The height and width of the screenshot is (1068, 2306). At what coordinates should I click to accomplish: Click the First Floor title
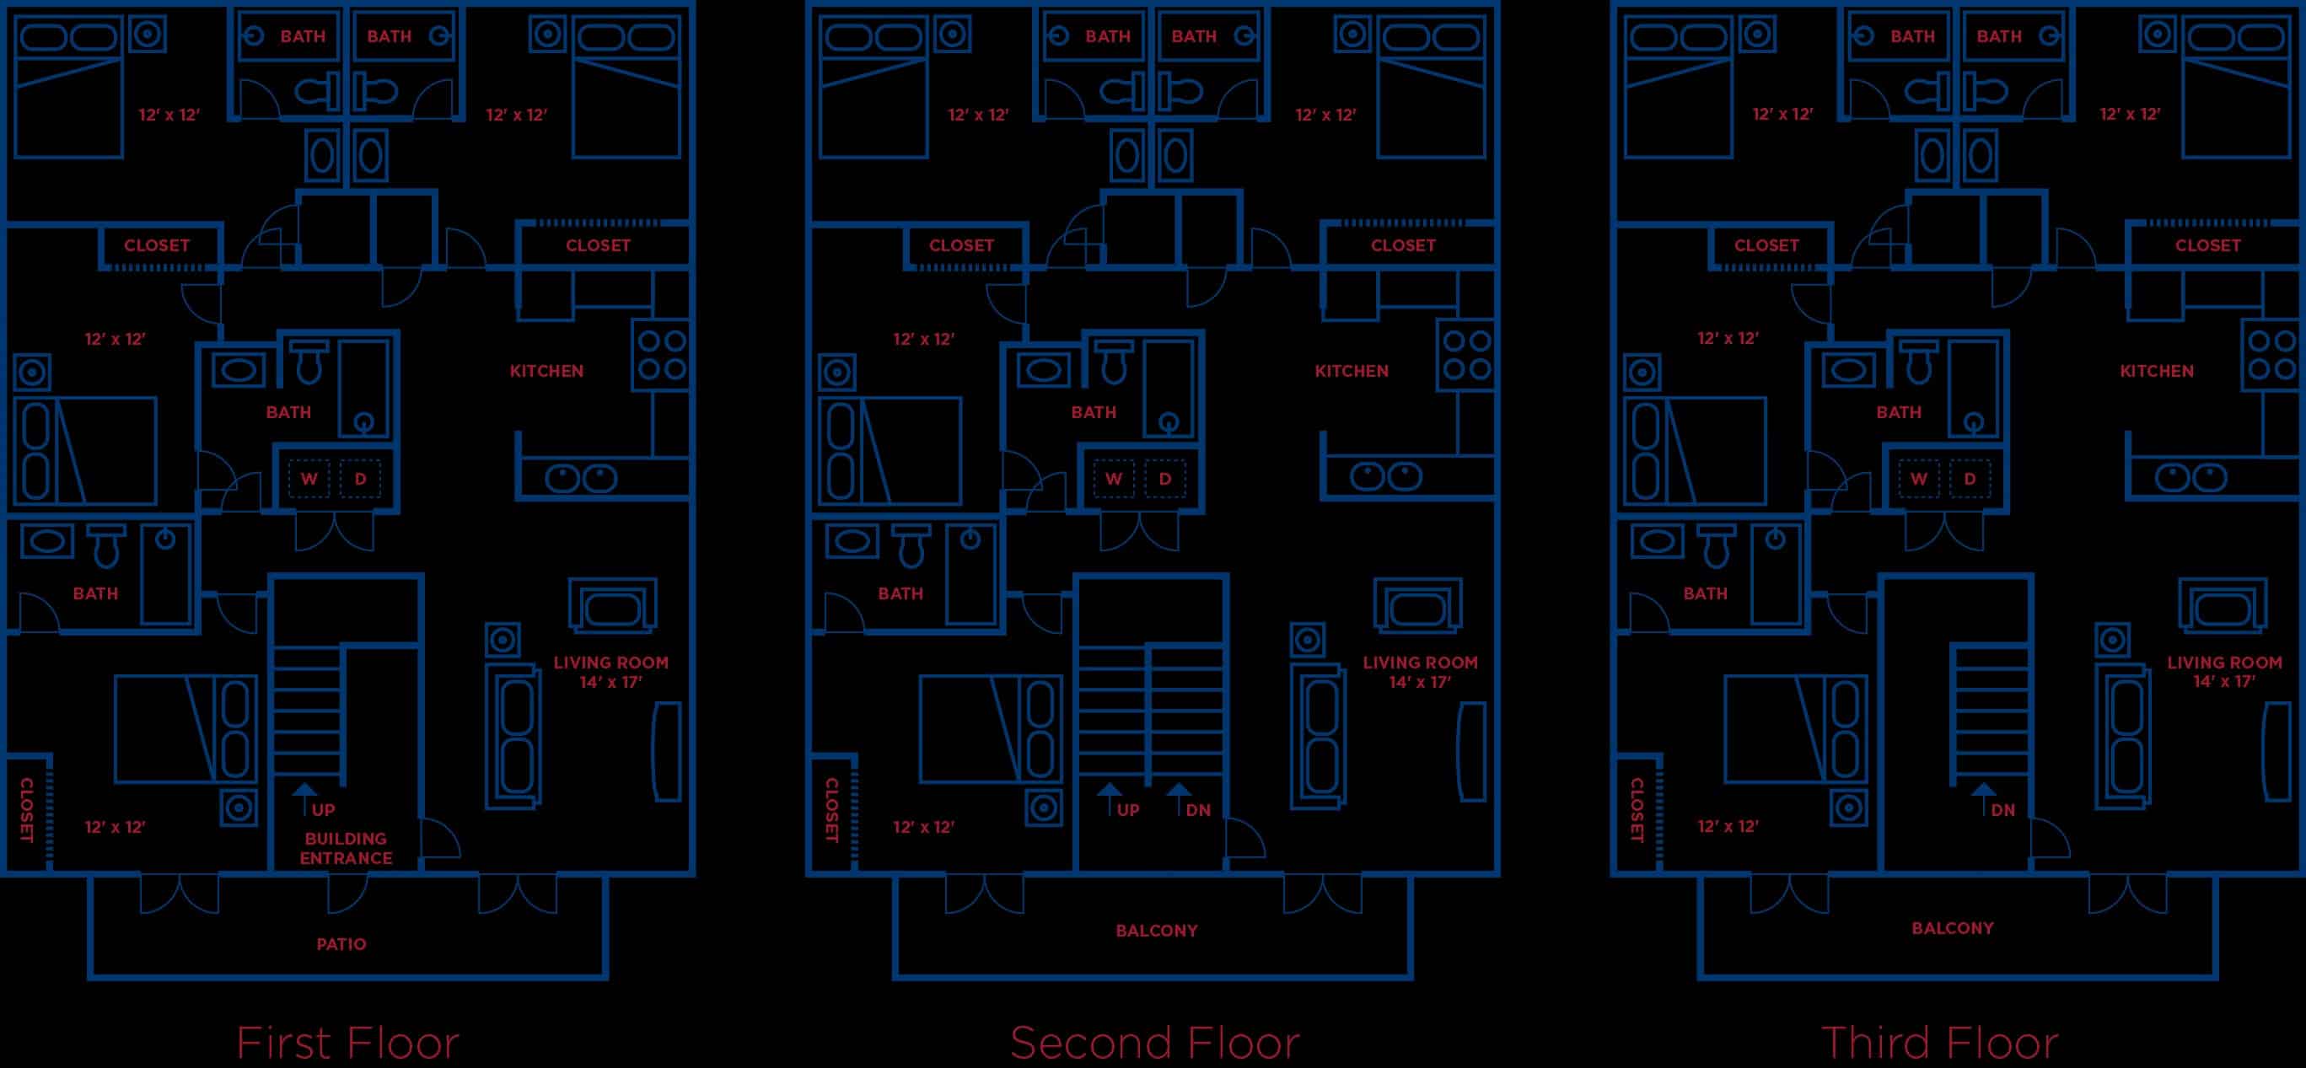click(347, 1043)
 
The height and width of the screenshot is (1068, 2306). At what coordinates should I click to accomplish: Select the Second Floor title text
click(1154, 1043)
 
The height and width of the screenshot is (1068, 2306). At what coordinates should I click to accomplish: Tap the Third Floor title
click(1939, 1043)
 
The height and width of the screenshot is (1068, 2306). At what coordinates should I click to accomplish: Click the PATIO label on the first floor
click(341, 943)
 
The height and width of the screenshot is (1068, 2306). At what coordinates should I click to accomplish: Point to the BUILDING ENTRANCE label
click(346, 848)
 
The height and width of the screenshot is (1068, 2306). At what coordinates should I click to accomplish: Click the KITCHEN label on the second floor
click(1351, 371)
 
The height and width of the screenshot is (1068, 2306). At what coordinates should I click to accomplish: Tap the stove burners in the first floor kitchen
click(661, 355)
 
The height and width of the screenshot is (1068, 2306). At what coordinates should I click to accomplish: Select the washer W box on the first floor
click(309, 479)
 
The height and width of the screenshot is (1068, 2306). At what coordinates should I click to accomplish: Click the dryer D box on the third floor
click(1970, 479)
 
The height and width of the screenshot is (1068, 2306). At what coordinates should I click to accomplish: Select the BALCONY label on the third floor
click(1953, 928)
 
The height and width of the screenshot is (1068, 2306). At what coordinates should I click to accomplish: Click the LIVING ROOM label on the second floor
click(1420, 663)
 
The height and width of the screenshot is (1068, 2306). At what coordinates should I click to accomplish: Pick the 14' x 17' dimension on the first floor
click(610, 682)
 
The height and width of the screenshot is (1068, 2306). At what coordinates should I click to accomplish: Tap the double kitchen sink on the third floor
click(2190, 477)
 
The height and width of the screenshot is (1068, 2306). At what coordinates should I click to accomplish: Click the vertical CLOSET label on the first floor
click(26, 810)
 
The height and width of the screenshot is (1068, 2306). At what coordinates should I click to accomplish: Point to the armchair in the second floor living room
click(1418, 607)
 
